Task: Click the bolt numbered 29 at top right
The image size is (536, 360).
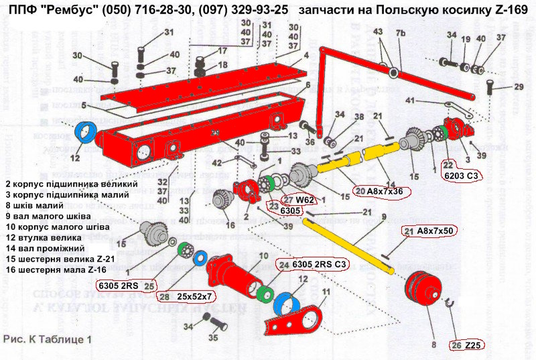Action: tap(492, 88)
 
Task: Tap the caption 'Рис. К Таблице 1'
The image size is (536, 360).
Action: tap(47, 339)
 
